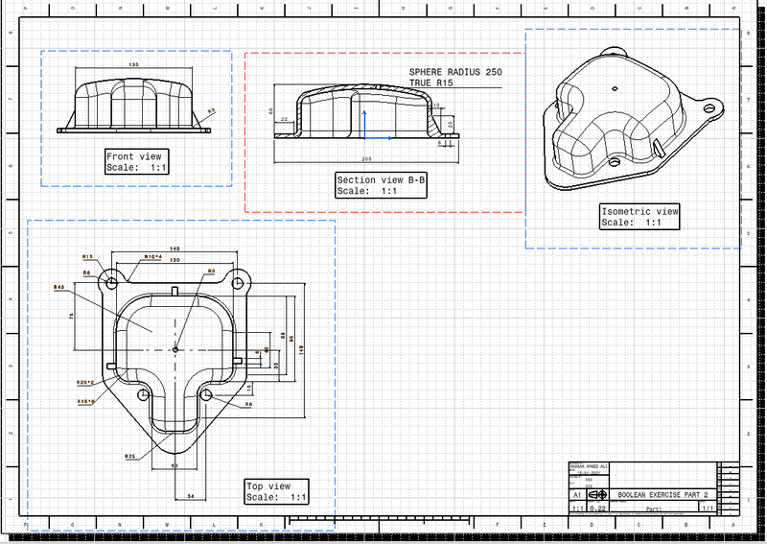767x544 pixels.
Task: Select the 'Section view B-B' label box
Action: pos(380,185)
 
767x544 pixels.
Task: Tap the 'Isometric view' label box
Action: pos(639,217)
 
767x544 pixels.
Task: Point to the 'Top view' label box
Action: pos(276,492)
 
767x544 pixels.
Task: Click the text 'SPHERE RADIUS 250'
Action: pos(455,72)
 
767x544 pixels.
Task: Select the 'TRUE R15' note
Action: pos(430,83)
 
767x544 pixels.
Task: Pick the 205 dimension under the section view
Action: pos(367,157)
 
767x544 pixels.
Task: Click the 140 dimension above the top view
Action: pos(174,248)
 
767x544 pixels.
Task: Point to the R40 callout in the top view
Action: pos(58,287)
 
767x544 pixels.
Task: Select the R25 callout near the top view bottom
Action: pos(129,457)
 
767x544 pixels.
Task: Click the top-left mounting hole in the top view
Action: pos(112,283)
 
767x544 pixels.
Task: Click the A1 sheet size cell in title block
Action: pos(578,493)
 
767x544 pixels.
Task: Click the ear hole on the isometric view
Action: pos(709,107)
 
